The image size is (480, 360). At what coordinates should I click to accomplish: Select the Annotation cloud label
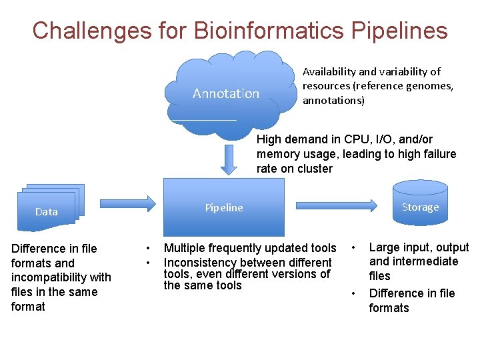[225, 94]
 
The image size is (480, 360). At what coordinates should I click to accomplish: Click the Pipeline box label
[224, 208]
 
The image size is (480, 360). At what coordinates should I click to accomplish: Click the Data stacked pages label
[47, 212]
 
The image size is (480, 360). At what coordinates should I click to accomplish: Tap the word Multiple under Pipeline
[185, 248]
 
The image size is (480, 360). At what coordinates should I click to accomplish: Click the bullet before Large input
[354, 248]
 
